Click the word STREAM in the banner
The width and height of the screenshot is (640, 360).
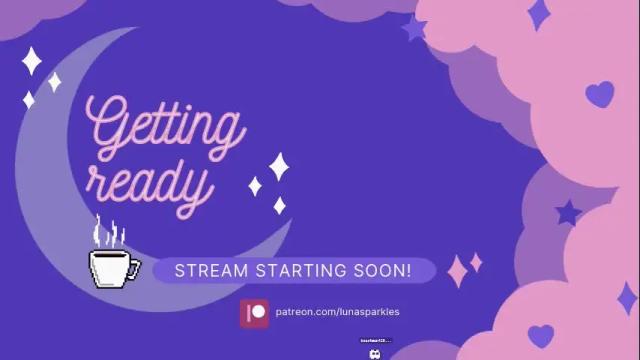click(x=206, y=271)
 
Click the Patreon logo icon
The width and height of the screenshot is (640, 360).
click(x=255, y=312)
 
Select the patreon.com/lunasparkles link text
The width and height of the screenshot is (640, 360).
click(x=337, y=312)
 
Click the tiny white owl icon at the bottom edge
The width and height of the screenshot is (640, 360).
click(x=375, y=352)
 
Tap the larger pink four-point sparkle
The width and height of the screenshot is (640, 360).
click(x=458, y=270)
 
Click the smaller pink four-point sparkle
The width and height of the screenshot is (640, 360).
click(x=477, y=262)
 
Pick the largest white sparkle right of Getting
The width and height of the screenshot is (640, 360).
click(x=280, y=166)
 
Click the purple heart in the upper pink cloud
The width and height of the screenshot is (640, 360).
click(x=599, y=94)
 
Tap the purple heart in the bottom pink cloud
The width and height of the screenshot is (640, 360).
click(x=541, y=334)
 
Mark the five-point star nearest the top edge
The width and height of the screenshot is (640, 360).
click(x=414, y=28)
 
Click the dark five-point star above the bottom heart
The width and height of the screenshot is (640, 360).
click(x=568, y=212)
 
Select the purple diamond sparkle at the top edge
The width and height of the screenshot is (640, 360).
click(x=539, y=13)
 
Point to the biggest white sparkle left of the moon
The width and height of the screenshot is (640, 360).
click(x=32, y=61)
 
